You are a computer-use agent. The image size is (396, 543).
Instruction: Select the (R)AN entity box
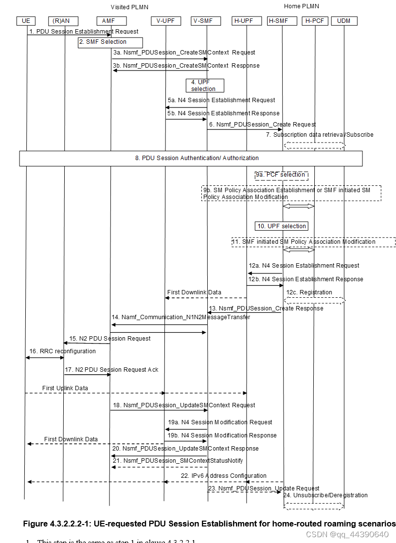pyautogui.click(x=63, y=21)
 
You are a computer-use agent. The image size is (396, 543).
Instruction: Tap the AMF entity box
pyautogui.click(x=111, y=21)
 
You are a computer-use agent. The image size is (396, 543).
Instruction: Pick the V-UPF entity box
pyautogui.click(x=166, y=21)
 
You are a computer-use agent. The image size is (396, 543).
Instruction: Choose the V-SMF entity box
pyautogui.click(x=206, y=21)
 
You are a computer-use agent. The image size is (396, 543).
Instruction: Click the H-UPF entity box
pyautogui.click(x=247, y=21)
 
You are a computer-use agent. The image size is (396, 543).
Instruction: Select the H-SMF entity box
pyautogui.click(x=282, y=21)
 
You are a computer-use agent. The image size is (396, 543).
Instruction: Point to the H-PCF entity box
pyautogui.click(x=315, y=21)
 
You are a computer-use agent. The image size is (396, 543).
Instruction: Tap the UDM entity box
pyautogui.click(x=344, y=21)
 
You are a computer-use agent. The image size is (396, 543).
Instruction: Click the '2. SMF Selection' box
pyautogui.click(x=109, y=42)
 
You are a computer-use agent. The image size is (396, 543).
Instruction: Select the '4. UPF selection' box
pyautogui.click(x=204, y=86)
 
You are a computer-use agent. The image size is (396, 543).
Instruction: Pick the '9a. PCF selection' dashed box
pyautogui.click(x=281, y=175)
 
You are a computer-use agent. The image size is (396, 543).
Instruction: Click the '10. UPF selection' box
pyautogui.click(x=281, y=226)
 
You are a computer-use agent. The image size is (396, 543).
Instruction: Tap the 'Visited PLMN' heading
pyautogui.click(x=129, y=7)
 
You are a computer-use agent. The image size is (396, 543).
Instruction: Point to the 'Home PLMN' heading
pyautogui.click(x=302, y=6)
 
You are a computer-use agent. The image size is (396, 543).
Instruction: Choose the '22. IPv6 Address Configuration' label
pyautogui.click(x=224, y=476)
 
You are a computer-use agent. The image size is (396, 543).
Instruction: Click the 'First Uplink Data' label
pyautogui.click(x=65, y=388)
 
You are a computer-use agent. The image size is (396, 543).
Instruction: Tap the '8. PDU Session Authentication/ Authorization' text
pyautogui.click(x=197, y=158)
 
